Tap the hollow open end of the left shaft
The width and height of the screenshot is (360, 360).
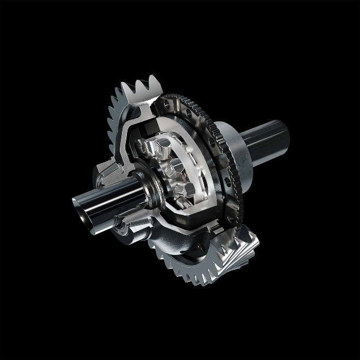pos(80,211)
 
